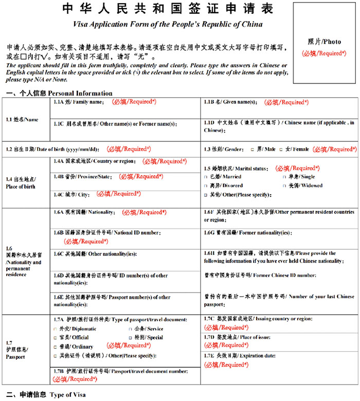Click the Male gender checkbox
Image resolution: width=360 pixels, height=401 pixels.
point(252,149)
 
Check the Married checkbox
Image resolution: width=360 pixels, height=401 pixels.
point(206,176)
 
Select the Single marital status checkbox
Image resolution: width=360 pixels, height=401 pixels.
point(284,176)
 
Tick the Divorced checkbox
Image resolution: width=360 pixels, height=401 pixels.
point(206,186)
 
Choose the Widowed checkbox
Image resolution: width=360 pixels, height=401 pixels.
point(284,186)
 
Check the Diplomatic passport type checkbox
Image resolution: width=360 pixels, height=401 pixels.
point(56,329)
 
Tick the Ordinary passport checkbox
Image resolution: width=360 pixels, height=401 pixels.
point(56,347)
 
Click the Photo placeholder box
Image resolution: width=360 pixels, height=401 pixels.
point(324,43)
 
